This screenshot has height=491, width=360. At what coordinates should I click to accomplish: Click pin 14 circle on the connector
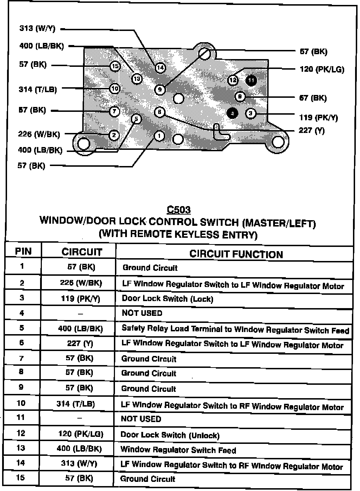(x=160, y=68)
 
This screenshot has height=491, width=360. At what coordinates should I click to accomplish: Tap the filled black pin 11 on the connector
(x=251, y=81)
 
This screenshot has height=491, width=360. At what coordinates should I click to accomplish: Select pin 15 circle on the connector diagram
(x=115, y=66)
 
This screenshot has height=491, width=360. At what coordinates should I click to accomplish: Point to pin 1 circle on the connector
(x=159, y=136)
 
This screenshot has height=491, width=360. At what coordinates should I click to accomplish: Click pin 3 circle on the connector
(x=250, y=113)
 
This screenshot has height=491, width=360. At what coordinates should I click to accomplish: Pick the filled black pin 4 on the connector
(x=232, y=113)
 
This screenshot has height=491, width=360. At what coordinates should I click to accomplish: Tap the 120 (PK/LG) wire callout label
(x=322, y=69)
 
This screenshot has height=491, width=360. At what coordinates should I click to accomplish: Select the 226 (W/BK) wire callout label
(x=39, y=134)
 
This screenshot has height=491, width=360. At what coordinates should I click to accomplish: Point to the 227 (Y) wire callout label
(x=311, y=131)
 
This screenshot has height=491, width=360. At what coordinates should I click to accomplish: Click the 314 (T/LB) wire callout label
(x=38, y=90)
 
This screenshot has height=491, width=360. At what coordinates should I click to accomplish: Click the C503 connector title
(x=179, y=210)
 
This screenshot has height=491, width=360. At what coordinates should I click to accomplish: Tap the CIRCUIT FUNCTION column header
(x=236, y=254)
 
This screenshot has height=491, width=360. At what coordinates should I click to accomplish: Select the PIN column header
(x=23, y=251)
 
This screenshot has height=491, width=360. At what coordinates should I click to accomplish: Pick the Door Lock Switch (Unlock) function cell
(x=170, y=435)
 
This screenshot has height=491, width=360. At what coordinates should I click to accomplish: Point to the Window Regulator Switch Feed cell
(x=178, y=450)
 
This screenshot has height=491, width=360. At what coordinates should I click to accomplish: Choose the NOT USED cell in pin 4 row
(x=142, y=313)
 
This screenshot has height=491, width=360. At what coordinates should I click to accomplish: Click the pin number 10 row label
(x=21, y=403)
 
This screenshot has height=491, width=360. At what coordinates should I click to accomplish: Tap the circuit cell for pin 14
(x=79, y=464)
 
